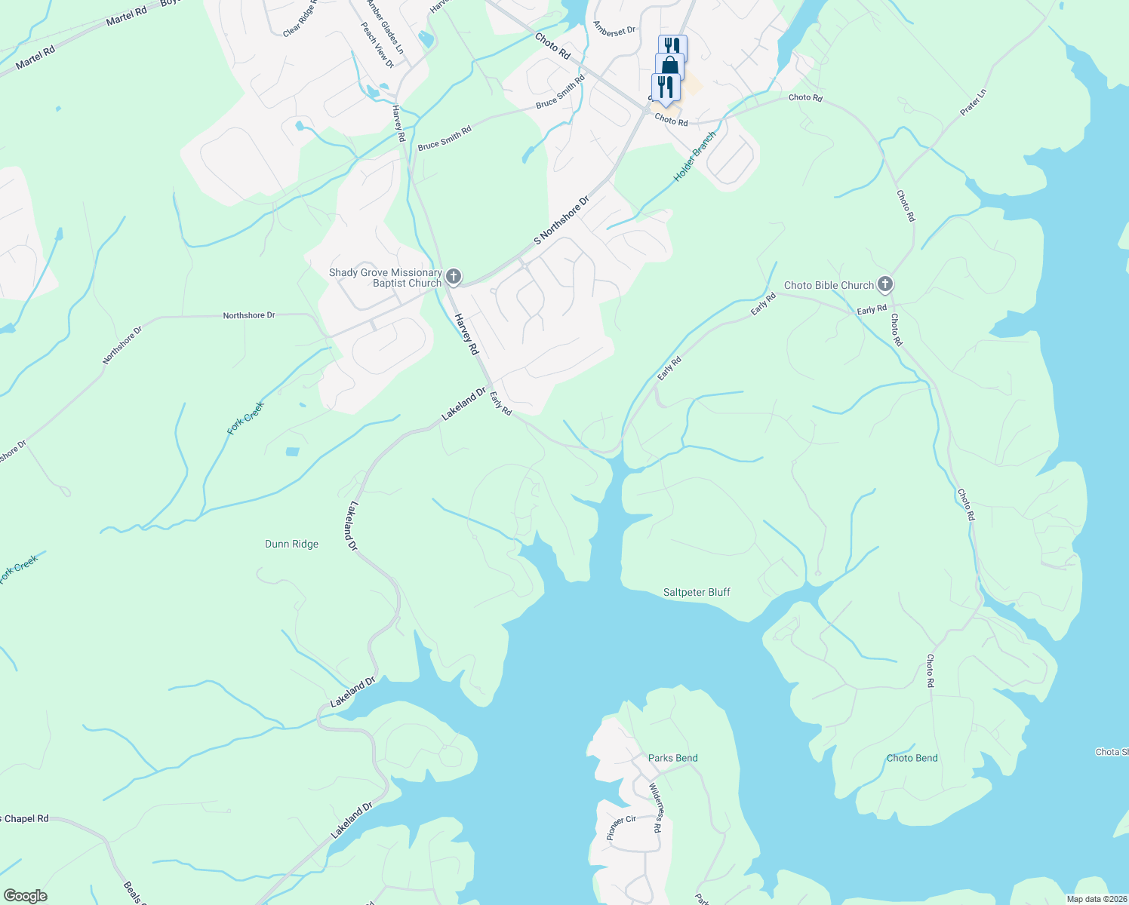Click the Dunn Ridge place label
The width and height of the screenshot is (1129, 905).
tap(291, 544)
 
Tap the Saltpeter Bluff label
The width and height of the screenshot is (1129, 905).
tap(697, 592)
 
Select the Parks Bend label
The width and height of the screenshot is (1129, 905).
tap(672, 758)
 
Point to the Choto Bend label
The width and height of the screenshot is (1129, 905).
tap(912, 758)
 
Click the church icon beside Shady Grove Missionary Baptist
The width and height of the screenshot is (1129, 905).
tap(454, 277)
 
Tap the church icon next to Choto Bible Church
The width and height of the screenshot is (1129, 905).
tap(886, 284)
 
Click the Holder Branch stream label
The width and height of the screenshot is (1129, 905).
tap(694, 157)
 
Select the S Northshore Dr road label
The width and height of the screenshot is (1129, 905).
tap(561, 221)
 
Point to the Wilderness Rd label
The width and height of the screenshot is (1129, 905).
tap(655, 807)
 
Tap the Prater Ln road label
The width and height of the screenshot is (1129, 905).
tap(974, 103)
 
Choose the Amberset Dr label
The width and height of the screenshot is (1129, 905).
tap(614, 30)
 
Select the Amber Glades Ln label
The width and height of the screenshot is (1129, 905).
tap(386, 27)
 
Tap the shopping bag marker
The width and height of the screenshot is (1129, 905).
tap(669, 66)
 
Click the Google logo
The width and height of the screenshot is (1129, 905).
tap(25, 896)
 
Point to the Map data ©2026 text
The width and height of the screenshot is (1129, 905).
tap(1096, 899)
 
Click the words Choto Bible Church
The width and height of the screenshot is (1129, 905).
tap(828, 285)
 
